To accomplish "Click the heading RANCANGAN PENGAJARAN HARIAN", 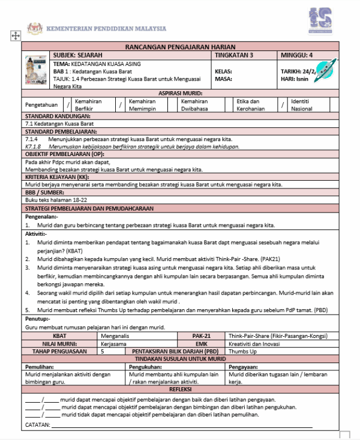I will [x=180, y=47].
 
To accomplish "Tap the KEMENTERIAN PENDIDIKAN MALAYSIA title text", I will [x=106, y=29].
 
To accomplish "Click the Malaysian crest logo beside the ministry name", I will [x=35, y=28].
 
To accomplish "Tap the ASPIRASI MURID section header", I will [x=180, y=94].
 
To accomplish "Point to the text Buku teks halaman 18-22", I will [x=56, y=199].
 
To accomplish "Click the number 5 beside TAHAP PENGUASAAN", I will [x=103, y=351].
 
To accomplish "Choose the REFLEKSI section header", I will [x=180, y=390].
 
